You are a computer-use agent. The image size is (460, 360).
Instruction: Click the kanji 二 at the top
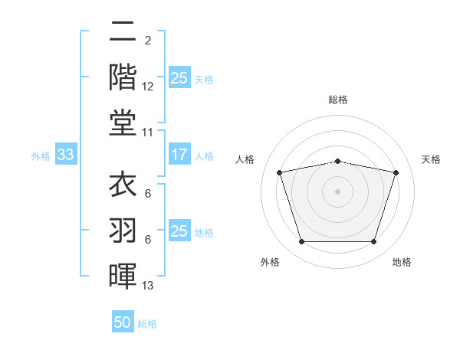[123, 31]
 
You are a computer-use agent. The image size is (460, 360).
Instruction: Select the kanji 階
[123, 77]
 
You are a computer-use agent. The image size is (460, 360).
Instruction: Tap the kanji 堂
[123, 123]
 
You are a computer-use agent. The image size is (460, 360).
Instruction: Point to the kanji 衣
[123, 184]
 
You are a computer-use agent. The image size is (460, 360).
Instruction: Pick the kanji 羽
[123, 230]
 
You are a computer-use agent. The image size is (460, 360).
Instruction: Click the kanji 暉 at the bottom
[123, 276]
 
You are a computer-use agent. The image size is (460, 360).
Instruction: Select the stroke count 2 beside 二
[148, 41]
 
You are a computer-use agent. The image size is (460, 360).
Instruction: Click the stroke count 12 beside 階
[147, 87]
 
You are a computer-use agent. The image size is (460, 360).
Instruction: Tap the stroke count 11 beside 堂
[147, 133]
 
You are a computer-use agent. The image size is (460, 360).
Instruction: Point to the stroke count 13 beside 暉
[147, 286]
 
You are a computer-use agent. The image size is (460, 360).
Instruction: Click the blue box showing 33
[66, 154]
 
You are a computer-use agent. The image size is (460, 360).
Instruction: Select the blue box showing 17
[179, 154]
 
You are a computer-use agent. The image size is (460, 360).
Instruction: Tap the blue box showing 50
[123, 321]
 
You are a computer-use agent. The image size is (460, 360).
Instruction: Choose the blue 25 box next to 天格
[179, 77]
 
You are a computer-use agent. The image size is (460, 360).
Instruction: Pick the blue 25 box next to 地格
[179, 230]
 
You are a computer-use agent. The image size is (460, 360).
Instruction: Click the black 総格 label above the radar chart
[338, 100]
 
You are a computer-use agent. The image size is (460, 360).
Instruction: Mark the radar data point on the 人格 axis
[279, 172]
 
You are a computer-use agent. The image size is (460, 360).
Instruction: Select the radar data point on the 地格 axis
[374, 242]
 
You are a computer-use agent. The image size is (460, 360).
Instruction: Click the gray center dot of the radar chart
[337, 191]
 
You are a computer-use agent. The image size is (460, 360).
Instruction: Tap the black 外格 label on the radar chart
[270, 262]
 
